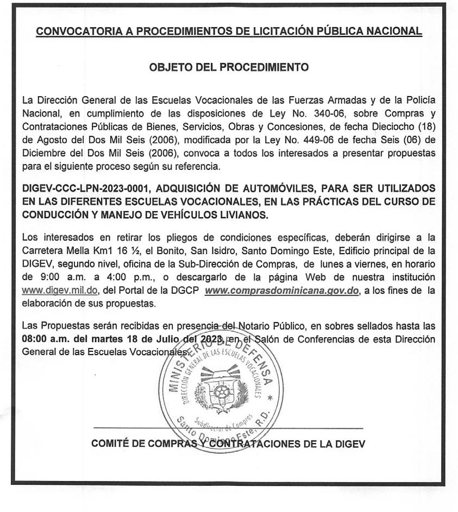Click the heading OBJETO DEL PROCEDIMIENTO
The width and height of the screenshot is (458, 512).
[229, 68]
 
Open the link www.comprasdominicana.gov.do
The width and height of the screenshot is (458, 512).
[282, 290]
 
